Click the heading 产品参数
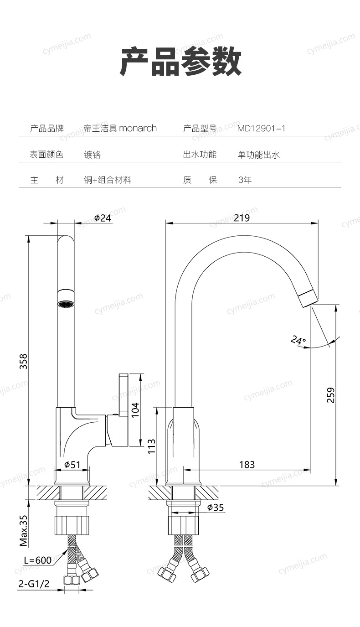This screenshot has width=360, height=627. click(x=180, y=62)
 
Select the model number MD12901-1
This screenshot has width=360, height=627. click(x=261, y=129)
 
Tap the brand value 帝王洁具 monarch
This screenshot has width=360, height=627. click(x=120, y=129)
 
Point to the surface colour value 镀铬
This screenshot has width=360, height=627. click(x=93, y=155)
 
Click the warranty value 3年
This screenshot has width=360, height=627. click(x=245, y=180)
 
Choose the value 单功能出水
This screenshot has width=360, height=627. click(x=258, y=155)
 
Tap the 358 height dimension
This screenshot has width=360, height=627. click(x=23, y=361)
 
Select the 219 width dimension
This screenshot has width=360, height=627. click(x=242, y=218)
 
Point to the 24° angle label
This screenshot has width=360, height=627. click(x=298, y=340)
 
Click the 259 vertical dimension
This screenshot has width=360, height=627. click(x=331, y=395)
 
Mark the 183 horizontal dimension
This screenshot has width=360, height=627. click(x=247, y=465)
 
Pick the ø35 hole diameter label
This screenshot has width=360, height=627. click(x=215, y=507)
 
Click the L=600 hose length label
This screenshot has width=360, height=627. click(x=37, y=560)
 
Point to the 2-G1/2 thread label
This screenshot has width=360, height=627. click(x=34, y=584)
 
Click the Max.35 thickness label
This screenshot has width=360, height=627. click(x=23, y=530)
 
